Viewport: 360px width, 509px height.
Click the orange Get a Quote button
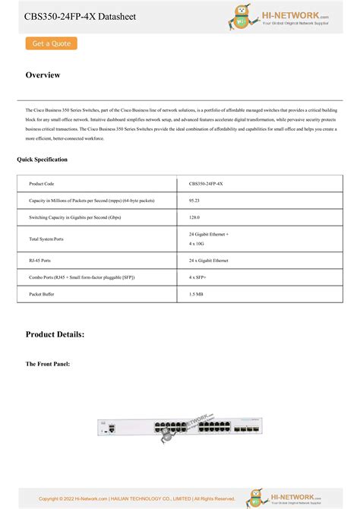point(52,44)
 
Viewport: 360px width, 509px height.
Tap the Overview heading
point(43,75)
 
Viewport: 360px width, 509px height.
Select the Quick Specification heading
point(42,160)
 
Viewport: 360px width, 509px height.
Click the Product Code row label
point(42,184)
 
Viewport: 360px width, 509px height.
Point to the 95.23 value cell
point(194,201)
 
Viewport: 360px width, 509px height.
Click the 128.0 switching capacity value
point(194,218)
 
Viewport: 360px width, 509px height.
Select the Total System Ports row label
point(46,239)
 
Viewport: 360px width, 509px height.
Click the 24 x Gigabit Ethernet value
point(208,260)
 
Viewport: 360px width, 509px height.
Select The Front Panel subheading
point(48,365)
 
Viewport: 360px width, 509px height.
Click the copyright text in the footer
point(137,498)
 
